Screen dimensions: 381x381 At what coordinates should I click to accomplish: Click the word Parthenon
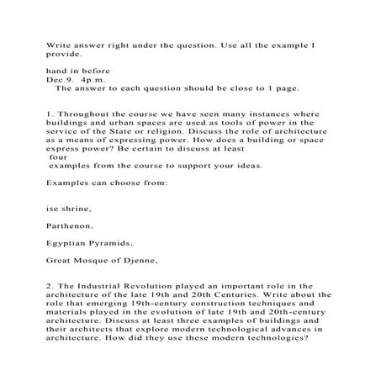click(70, 226)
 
